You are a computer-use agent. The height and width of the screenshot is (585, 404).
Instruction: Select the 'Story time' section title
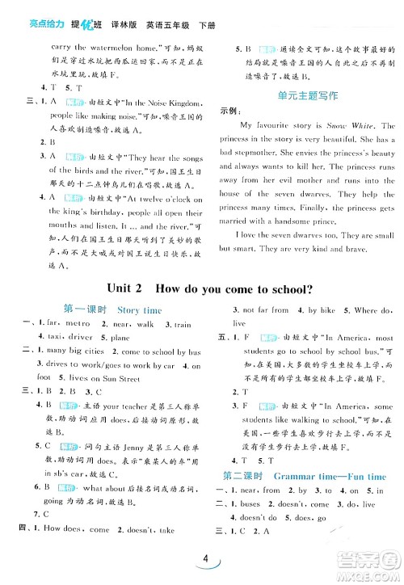140,309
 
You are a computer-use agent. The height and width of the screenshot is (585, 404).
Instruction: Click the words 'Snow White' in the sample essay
349,126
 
